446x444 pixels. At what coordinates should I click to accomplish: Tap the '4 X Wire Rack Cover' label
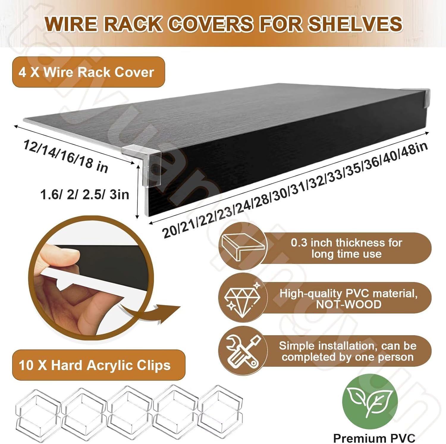click(86, 72)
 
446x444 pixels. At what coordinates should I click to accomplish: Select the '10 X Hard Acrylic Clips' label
click(95, 365)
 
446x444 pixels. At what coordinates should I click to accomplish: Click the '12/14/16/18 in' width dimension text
click(66, 156)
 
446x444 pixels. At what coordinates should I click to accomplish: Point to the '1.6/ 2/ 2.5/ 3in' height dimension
click(85, 195)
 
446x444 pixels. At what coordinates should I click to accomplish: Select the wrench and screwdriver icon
click(243, 351)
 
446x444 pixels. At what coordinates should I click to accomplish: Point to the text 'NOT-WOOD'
click(348, 305)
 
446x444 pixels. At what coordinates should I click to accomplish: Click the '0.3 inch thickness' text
click(346, 243)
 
